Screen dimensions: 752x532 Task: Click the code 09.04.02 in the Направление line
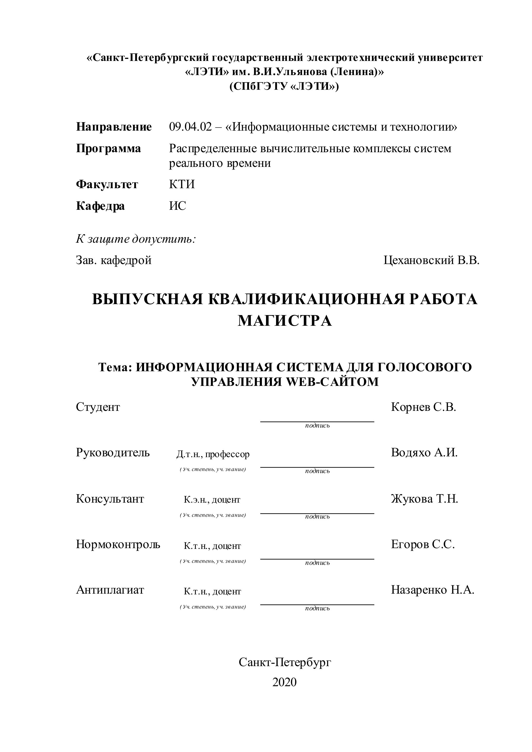(190, 127)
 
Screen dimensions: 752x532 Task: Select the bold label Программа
(109, 149)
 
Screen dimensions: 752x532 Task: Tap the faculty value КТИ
(182, 184)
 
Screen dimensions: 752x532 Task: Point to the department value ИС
(178, 206)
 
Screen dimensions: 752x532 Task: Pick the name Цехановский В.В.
(431, 260)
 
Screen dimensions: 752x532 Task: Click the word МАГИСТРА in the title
(285, 321)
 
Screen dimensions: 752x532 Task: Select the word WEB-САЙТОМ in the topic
(332, 382)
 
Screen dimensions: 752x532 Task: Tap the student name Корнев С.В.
(423, 407)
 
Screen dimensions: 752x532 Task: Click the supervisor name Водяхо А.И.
(424, 453)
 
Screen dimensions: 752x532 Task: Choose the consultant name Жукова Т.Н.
(424, 499)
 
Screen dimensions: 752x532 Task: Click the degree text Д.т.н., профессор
(213, 454)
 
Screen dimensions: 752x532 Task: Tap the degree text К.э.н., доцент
(212, 500)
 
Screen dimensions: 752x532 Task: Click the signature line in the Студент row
(317, 422)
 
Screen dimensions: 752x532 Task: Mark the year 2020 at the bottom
(285, 682)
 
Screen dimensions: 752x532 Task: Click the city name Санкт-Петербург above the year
(285, 662)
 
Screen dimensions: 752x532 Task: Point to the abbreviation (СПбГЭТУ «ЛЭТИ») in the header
(284, 86)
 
